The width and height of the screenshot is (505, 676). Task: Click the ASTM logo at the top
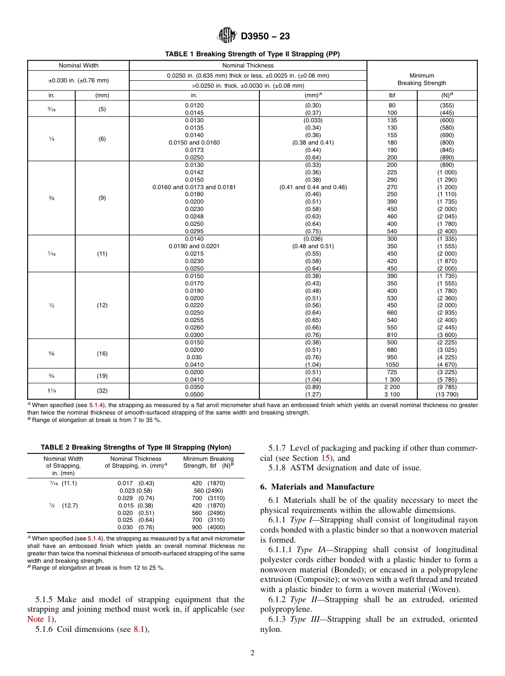[x=227, y=36]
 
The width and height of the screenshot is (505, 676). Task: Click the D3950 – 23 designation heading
[x=265, y=37]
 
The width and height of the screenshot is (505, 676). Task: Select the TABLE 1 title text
[x=252, y=54]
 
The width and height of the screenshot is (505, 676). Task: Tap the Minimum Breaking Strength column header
[x=422, y=80]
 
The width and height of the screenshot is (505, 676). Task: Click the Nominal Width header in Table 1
[x=79, y=65]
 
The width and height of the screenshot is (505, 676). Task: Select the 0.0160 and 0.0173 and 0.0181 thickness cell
[x=194, y=187]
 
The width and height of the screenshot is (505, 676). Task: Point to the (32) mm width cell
[x=102, y=391]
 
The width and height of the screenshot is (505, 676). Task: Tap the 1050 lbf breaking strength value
[x=392, y=365]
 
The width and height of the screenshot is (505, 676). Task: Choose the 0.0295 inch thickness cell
[x=194, y=231]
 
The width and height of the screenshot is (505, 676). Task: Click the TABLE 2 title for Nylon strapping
[x=136, y=447]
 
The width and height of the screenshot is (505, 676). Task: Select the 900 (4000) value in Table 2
[x=208, y=528]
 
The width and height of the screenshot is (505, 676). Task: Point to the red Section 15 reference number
[x=326, y=458]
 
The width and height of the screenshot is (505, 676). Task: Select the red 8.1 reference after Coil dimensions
[x=139, y=629]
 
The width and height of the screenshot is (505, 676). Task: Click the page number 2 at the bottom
[x=252, y=653]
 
